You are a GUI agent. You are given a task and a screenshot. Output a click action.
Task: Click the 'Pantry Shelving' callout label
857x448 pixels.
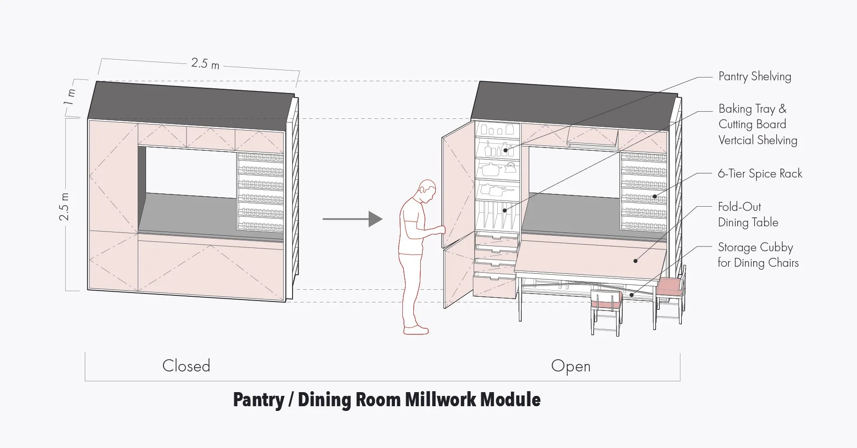(x=754, y=77)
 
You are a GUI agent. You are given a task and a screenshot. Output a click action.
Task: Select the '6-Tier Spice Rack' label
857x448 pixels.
(x=759, y=174)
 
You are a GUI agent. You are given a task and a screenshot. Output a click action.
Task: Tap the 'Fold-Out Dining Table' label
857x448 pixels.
(x=748, y=215)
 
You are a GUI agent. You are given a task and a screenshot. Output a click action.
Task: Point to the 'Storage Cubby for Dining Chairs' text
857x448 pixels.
(x=757, y=255)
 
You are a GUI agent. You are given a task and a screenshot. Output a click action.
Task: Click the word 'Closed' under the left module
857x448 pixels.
(x=186, y=366)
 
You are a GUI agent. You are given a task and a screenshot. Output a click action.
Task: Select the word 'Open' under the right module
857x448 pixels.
(x=571, y=366)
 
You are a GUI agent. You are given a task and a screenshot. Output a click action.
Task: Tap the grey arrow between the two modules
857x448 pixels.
(x=352, y=219)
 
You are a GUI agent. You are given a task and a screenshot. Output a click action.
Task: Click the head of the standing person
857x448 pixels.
(x=427, y=190)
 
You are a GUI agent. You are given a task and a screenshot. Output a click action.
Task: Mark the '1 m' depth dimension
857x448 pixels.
(x=70, y=97)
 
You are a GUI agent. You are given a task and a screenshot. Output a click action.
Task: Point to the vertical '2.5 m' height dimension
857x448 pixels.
(x=64, y=207)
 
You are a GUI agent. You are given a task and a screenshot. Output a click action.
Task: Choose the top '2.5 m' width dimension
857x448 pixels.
(x=205, y=63)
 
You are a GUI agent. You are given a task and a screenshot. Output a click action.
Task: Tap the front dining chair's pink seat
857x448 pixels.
(x=606, y=299)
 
